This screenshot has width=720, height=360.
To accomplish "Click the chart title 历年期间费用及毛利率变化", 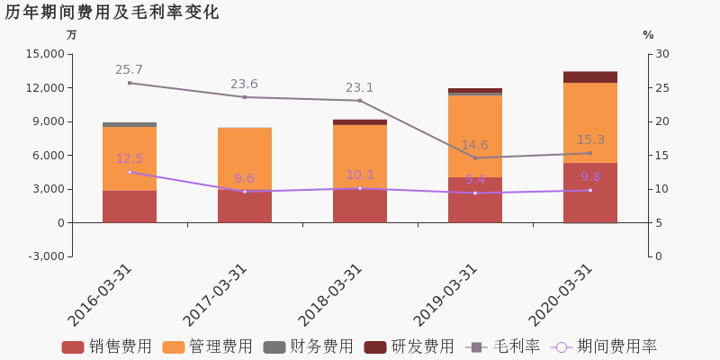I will point(112,13).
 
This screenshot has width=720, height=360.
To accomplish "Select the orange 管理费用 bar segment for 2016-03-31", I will point(130,158).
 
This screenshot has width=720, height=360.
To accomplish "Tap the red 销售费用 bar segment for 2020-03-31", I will point(590,193).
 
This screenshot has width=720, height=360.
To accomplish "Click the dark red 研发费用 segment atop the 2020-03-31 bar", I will point(590,77).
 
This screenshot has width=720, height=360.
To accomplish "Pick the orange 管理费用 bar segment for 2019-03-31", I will point(475,136).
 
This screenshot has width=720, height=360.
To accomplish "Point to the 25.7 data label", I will point(129,70).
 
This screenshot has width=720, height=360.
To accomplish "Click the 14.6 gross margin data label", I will point(475,146).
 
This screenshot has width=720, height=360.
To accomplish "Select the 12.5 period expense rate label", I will point(129,159).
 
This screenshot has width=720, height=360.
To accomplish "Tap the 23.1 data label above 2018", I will point(359,88).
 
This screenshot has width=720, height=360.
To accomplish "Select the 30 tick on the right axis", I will point(662,54).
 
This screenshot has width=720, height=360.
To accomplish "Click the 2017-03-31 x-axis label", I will point(216,294).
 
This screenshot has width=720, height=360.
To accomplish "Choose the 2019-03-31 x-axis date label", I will point(446,294).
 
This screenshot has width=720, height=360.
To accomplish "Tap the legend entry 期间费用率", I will point(605,347).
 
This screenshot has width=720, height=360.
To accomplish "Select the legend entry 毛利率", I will point(503,347).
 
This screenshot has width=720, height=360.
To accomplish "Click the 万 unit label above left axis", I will point(72,35).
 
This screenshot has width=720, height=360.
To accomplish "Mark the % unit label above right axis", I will point(648,35).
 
